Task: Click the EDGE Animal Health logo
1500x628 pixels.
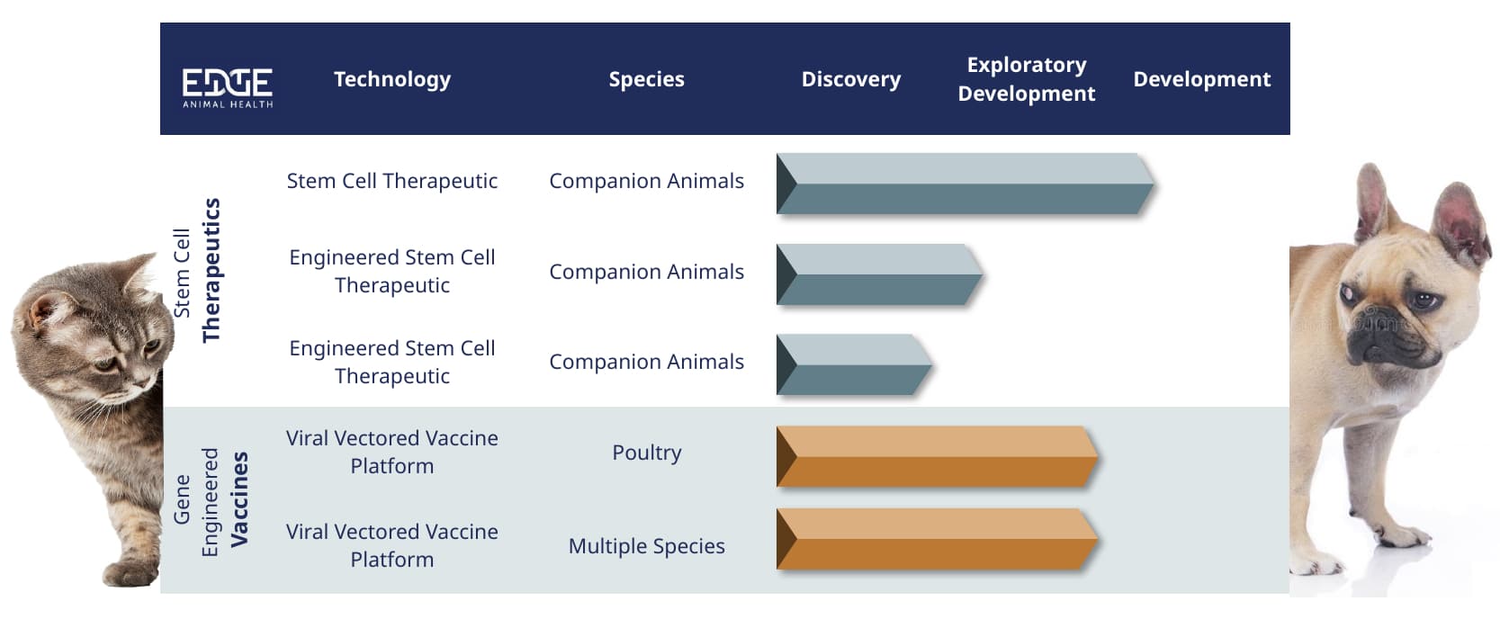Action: point(228,87)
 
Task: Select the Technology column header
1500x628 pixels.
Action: point(392,80)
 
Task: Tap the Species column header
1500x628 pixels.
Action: point(646,80)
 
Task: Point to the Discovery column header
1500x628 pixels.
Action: point(851,80)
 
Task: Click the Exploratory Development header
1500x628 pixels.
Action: point(1027,79)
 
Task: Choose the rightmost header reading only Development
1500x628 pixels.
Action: point(1202,79)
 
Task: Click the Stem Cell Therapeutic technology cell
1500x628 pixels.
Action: point(392,181)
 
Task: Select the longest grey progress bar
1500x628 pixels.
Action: point(966,184)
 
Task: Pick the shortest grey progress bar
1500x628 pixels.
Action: point(855,364)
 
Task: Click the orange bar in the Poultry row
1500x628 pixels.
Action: point(938,457)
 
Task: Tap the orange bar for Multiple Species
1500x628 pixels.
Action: point(938,539)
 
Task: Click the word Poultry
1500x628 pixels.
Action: point(647,453)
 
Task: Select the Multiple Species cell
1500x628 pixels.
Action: point(647,546)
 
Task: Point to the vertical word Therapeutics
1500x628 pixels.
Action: point(211,271)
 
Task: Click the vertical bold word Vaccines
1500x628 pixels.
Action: point(239,499)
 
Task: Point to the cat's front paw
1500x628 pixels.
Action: point(130,573)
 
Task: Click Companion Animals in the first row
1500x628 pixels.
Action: point(647,181)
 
